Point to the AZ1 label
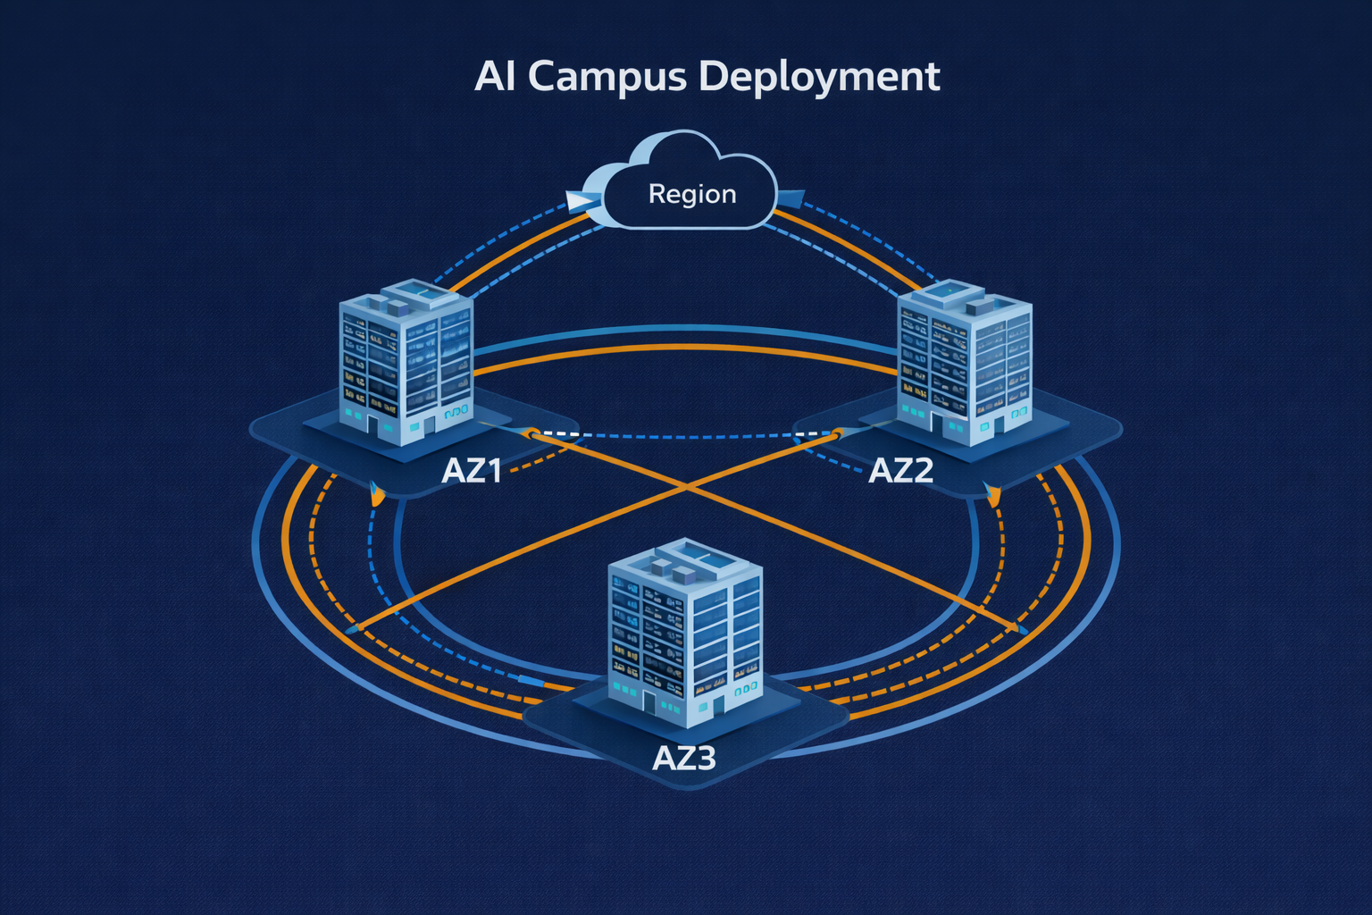click(472, 470)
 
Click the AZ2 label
click(900, 470)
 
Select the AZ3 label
click(684, 758)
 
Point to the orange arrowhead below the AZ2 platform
click(991, 494)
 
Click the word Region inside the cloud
click(692, 194)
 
